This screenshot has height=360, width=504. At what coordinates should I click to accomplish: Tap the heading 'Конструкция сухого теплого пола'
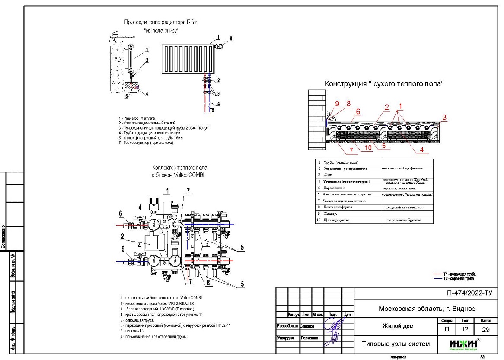point(385,84)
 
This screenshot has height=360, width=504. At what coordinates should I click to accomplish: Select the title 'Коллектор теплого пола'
point(179,168)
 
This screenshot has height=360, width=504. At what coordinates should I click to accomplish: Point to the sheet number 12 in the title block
point(465,329)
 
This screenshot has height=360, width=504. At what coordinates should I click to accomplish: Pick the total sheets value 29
point(485,329)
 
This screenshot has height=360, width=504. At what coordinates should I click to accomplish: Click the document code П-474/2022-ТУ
point(469,294)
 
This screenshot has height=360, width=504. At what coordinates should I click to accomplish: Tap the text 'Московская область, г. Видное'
point(427,309)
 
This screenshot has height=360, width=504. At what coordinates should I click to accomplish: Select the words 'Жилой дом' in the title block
point(398,326)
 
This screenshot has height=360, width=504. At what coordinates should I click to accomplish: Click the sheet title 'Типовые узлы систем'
point(396,344)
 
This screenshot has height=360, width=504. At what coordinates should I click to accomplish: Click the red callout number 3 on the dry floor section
point(444,117)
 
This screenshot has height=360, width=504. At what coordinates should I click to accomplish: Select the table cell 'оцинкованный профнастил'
point(402,168)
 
